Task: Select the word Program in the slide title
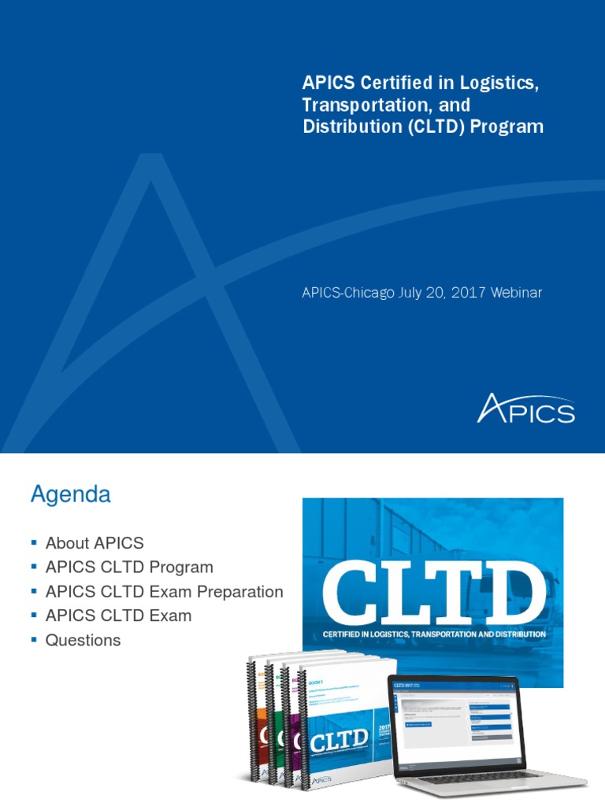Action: point(507,127)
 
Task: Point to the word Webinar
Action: point(516,293)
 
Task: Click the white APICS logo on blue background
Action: point(525,409)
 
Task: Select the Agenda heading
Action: point(70,495)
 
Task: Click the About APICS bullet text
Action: point(95,543)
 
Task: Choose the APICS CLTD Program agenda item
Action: point(129,568)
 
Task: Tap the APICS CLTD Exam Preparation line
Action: point(164,592)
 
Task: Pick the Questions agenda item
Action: point(83,641)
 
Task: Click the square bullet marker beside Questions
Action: point(34,640)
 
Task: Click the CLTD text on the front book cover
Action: point(339,740)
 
